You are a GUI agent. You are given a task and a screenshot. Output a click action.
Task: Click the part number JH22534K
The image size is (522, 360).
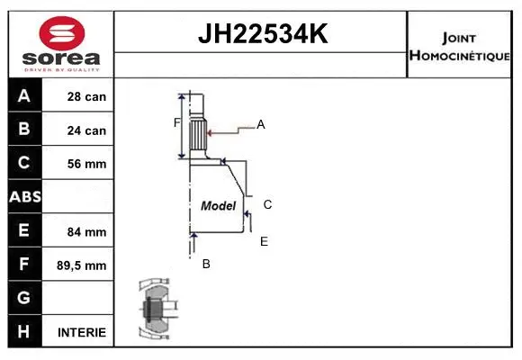pyautogui.click(x=262, y=34)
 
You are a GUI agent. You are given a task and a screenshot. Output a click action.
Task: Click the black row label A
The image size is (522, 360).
pyautogui.click(x=24, y=95)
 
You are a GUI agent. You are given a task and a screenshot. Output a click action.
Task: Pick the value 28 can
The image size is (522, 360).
pyautogui.click(x=87, y=96)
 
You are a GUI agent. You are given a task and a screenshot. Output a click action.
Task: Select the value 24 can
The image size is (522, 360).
pyautogui.click(x=87, y=130)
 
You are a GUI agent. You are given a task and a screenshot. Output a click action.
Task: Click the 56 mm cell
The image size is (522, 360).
pyautogui.click(x=87, y=164)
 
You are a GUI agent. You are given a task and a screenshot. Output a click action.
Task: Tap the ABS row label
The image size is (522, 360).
pyautogui.click(x=24, y=197)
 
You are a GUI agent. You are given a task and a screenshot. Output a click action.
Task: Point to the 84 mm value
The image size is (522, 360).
pyautogui.click(x=87, y=231)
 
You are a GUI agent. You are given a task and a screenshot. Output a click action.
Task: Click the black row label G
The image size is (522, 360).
pyautogui.click(x=24, y=298)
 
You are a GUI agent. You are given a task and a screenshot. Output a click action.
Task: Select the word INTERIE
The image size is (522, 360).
pyautogui.click(x=82, y=332)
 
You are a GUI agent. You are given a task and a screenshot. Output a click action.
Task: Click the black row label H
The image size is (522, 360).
pyautogui.click(x=24, y=331)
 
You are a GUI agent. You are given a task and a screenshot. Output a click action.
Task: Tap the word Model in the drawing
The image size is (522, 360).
pyautogui.click(x=218, y=205)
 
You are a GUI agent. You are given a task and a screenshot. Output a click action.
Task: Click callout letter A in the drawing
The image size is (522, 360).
pyautogui.click(x=261, y=125)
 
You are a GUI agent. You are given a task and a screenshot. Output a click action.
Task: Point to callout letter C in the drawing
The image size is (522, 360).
pyautogui.click(x=267, y=204)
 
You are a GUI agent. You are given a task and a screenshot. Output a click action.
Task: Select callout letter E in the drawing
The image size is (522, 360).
pyautogui.click(x=264, y=241)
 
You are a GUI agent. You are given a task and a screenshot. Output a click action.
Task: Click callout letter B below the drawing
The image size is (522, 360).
pyautogui.click(x=206, y=264)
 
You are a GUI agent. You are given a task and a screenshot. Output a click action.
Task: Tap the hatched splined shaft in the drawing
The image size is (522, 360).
pyautogui.click(x=198, y=137)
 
